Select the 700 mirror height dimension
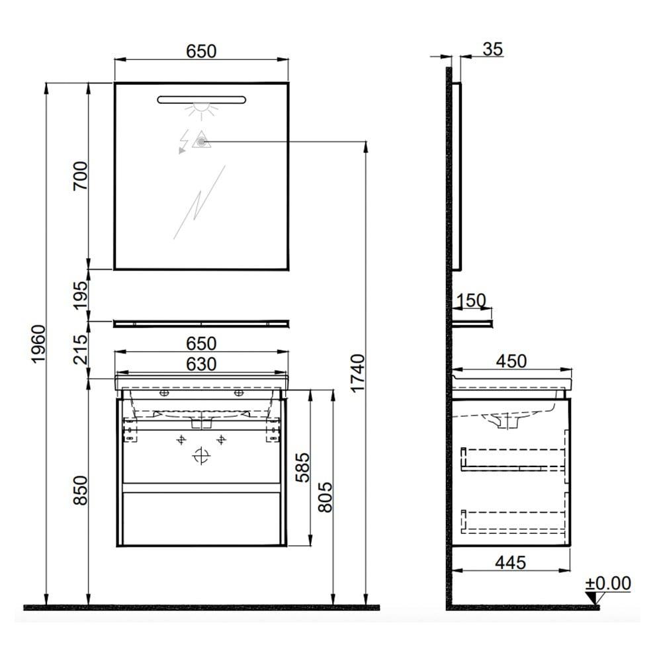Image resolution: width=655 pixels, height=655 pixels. [80, 176]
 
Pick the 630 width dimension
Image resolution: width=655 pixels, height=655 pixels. [201, 364]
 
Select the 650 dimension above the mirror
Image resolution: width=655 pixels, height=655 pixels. [201, 51]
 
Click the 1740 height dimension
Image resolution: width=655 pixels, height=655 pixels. [357, 373]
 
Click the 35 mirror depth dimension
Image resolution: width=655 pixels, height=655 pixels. [492, 48]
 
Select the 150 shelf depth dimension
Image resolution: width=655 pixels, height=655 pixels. [472, 301]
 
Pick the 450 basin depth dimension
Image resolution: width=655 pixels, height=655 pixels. [511, 361]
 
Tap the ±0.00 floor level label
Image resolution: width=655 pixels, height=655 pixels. [608, 583]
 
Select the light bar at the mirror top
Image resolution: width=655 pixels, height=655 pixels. [201, 100]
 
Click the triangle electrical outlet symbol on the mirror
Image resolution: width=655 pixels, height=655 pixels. [200, 140]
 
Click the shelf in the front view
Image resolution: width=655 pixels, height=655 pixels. [201, 324]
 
